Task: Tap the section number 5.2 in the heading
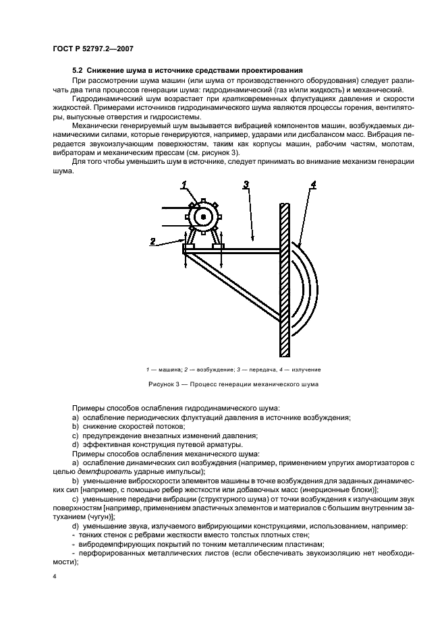(78, 71)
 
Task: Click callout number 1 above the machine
(183, 185)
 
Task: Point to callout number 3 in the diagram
(247, 185)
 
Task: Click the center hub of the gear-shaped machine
(203, 216)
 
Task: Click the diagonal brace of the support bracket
(236, 287)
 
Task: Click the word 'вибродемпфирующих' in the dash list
(111, 543)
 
